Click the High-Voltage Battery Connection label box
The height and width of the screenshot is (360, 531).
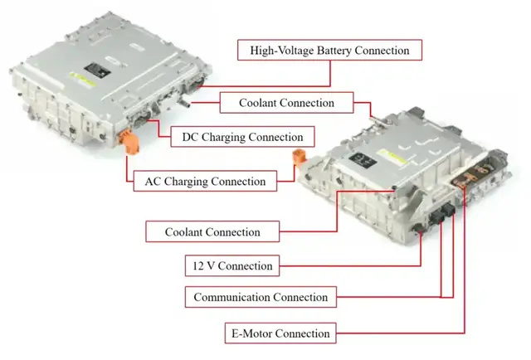pyautogui.click(x=329, y=50)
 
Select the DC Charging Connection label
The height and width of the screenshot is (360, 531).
pyautogui.click(x=242, y=137)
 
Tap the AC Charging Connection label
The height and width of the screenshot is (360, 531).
pyautogui.click(x=205, y=181)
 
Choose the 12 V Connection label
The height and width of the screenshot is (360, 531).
pyautogui.click(x=232, y=265)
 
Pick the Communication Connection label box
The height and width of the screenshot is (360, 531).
pyautogui.click(x=261, y=297)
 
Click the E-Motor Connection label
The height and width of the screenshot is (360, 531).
pyautogui.click(x=280, y=333)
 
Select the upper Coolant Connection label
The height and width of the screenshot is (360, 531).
pyautogui.click(x=286, y=103)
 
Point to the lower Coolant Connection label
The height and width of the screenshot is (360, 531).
pyautogui.click(x=212, y=231)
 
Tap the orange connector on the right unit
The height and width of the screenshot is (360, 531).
pyautogui.click(x=300, y=158)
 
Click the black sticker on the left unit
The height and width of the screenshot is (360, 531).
pyautogui.click(x=98, y=71)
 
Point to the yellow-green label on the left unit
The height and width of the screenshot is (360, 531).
pyautogui.click(x=82, y=80)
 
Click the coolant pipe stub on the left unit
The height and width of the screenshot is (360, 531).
pyautogui.click(x=184, y=101)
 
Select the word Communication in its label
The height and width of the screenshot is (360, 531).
pyautogui.click(x=232, y=297)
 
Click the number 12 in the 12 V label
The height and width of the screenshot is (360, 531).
pyautogui.click(x=197, y=265)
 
